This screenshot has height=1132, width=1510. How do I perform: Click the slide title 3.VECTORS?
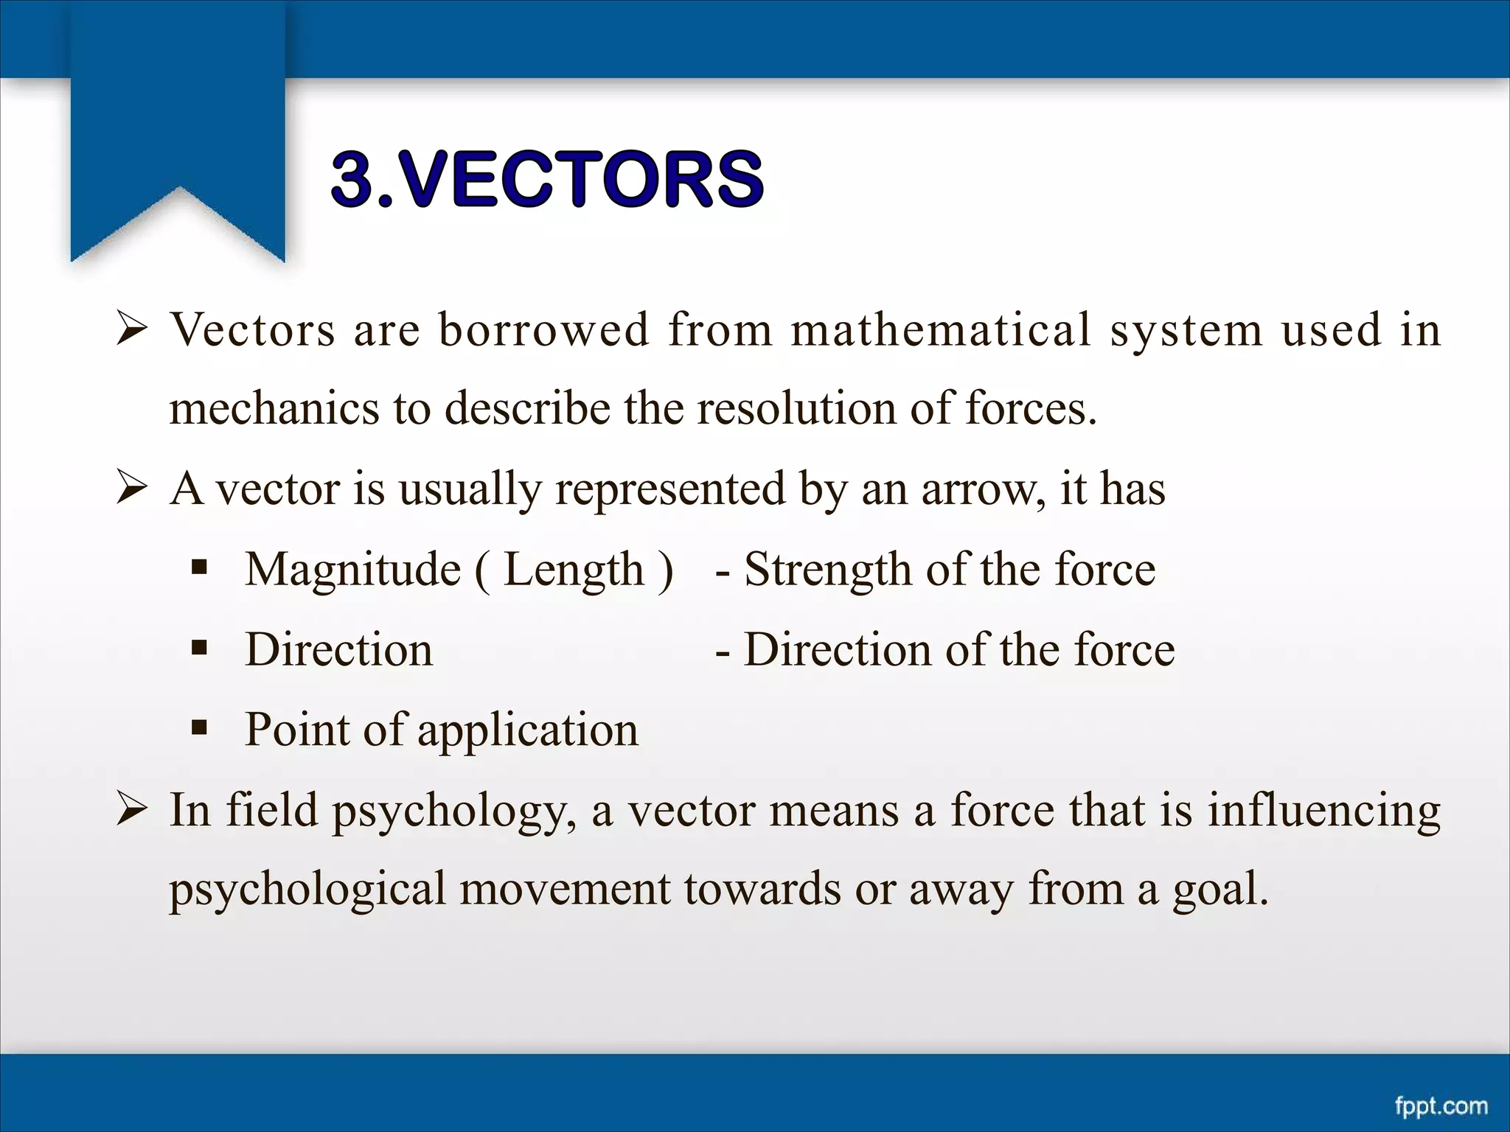click(x=547, y=178)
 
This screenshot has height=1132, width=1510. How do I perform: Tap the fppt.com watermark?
click(x=1441, y=1105)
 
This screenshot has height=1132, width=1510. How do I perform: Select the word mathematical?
click(x=940, y=329)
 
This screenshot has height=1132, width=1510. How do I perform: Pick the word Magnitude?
click(x=352, y=570)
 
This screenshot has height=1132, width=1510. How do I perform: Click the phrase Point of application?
click(x=441, y=730)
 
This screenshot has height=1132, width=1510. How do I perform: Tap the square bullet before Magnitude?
click(x=199, y=568)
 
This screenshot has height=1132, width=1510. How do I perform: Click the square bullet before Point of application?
click(x=199, y=729)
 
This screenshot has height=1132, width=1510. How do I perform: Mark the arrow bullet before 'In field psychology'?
click(x=133, y=810)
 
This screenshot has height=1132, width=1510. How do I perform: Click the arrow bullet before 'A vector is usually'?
click(x=133, y=489)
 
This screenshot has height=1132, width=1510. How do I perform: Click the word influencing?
click(x=1323, y=811)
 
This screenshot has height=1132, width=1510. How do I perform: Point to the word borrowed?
click(x=544, y=329)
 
